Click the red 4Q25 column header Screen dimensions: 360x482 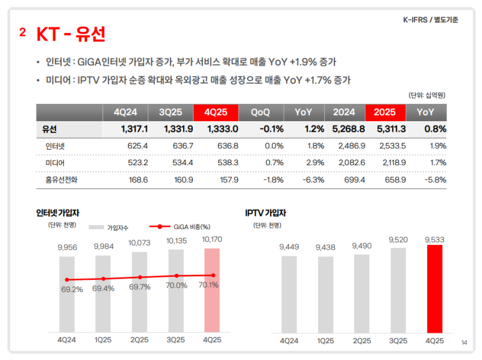coord(216,112)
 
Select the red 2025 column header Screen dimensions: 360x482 coord(384,112)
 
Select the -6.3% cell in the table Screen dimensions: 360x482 coord(315,180)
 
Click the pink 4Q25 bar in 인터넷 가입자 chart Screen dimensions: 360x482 coord(211,289)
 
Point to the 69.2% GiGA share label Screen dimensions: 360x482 coord(72,289)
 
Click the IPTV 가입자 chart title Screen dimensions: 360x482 coord(265,213)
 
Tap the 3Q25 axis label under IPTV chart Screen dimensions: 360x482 coord(398,340)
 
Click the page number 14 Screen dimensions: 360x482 coord(464,343)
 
